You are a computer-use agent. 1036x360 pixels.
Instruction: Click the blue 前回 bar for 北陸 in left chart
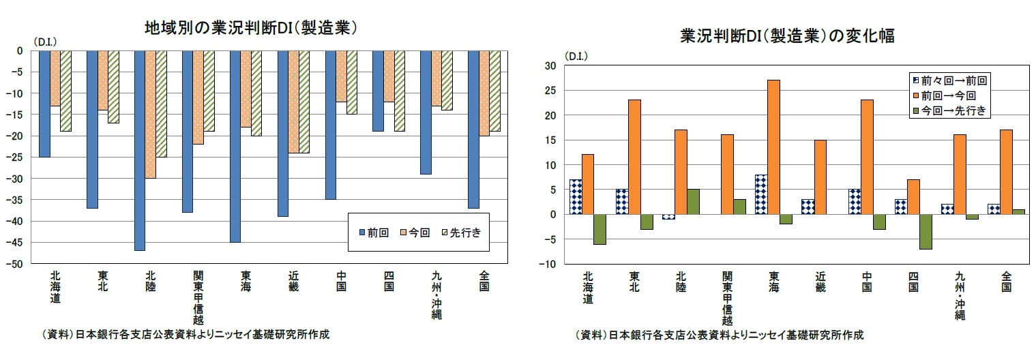point(140,150)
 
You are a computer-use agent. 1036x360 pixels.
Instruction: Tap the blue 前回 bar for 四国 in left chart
point(378,91)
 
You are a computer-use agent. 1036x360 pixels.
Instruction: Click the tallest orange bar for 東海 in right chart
point(773,147)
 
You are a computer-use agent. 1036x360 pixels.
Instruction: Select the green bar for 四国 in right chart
point(925,232)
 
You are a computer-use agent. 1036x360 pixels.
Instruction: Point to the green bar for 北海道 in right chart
point(599,229)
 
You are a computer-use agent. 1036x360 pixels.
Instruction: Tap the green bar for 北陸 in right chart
point(692,202)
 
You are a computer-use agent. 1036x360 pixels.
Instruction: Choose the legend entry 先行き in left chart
point(467,232)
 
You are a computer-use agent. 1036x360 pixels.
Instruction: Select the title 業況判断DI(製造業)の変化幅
point(788,36)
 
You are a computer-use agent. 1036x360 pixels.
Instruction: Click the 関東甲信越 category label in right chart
point(727,298)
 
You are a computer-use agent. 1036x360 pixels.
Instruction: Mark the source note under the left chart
point(185,335)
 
